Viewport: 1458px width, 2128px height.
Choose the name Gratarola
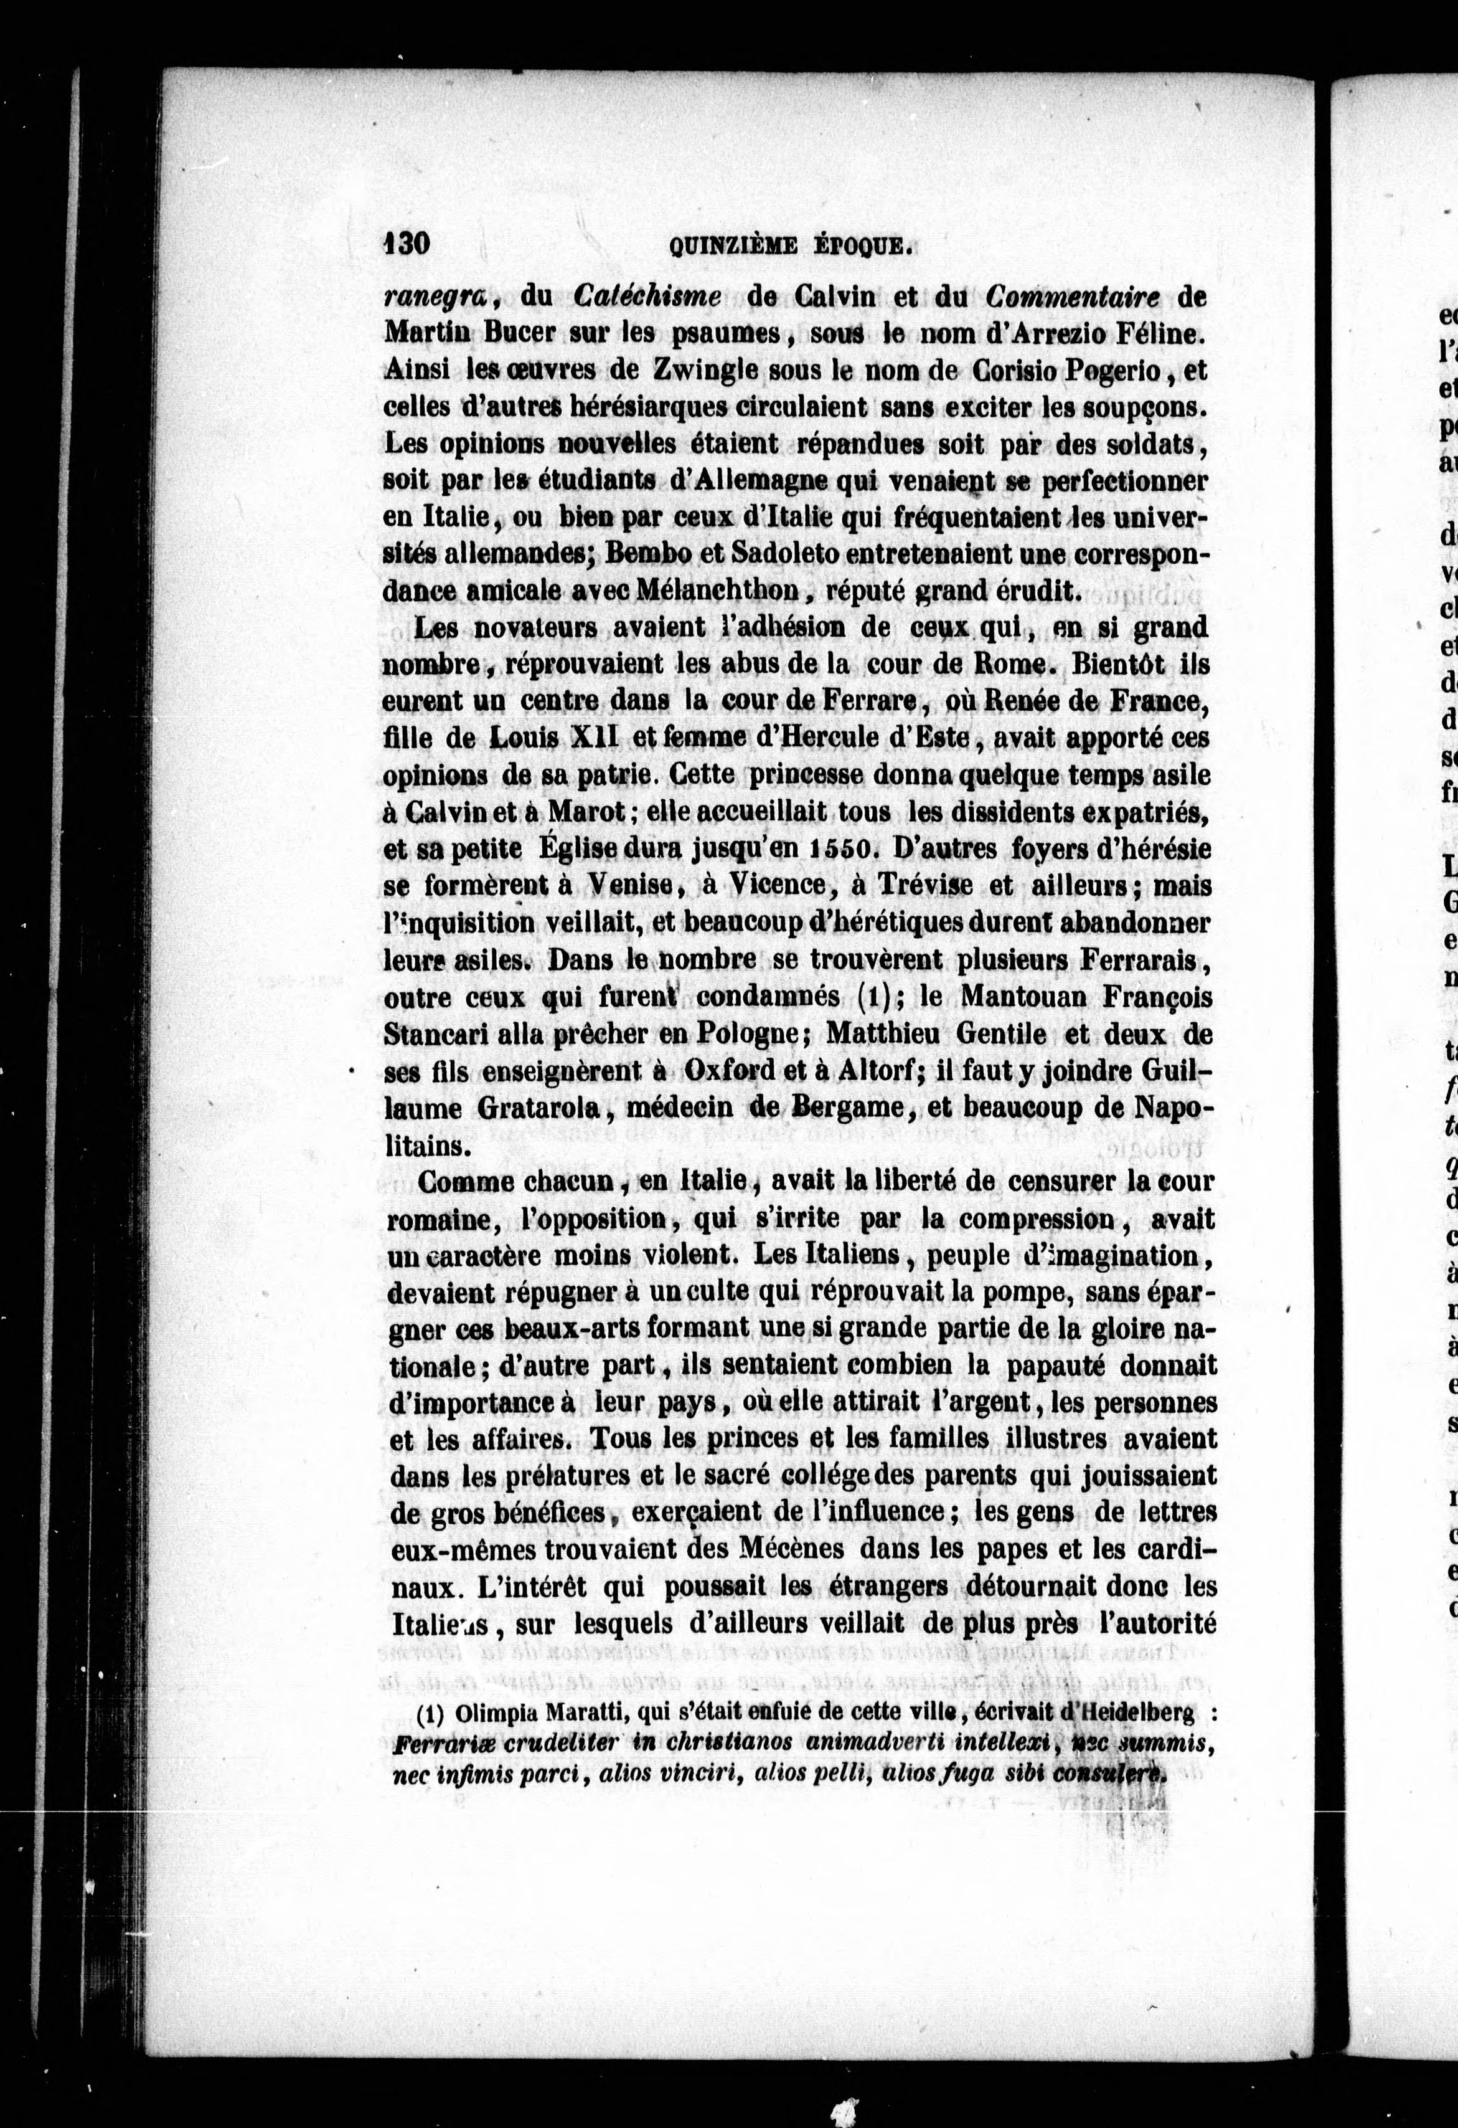coord(538,1107)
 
